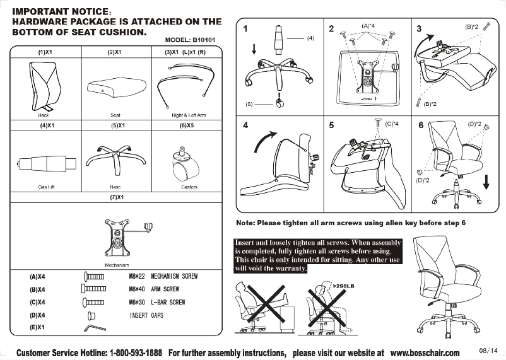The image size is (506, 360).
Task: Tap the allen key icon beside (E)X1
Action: tap(92, 328)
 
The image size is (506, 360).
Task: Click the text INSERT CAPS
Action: tap(146, 315)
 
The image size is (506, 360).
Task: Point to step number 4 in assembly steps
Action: tap(245, 125)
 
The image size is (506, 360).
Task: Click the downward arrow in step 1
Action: tap(254, 49)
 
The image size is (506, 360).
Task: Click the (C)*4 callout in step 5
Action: tap(391, 124)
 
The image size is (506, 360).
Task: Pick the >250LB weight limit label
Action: tap(343, 286)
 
